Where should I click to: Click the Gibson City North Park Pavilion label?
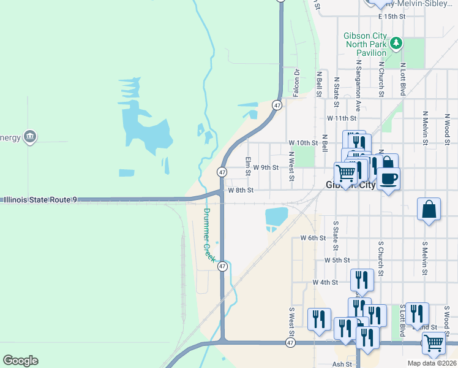point(365,44)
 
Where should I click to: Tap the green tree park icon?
point(397,43)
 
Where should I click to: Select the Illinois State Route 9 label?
point(41,199)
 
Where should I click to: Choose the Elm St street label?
point(249,165)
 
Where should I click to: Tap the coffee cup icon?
point(388,179)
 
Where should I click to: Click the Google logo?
point(20,361)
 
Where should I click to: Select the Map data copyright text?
point(430,363)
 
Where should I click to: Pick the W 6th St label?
point(312,237)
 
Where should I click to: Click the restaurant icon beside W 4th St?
point(362,280)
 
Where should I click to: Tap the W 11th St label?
point(341,118)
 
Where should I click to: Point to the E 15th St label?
point(392,17)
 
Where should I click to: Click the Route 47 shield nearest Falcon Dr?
point(277,105)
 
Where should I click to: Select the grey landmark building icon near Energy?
point(29,136)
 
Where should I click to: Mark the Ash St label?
point(342,364)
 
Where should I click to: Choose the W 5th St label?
point(337,260)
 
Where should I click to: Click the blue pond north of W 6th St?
point(276,217)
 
